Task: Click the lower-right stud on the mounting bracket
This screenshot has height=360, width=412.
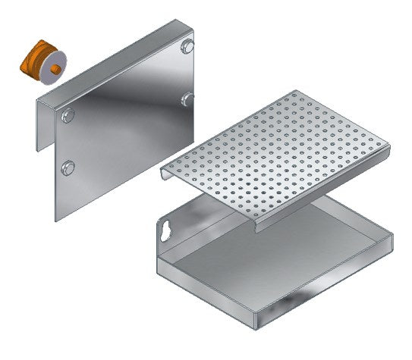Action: [186, 98]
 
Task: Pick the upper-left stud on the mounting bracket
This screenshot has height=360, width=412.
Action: [69, 115]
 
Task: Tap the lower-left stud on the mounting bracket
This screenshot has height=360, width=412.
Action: [68, 167]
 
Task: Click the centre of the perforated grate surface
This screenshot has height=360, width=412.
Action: [273, 155]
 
